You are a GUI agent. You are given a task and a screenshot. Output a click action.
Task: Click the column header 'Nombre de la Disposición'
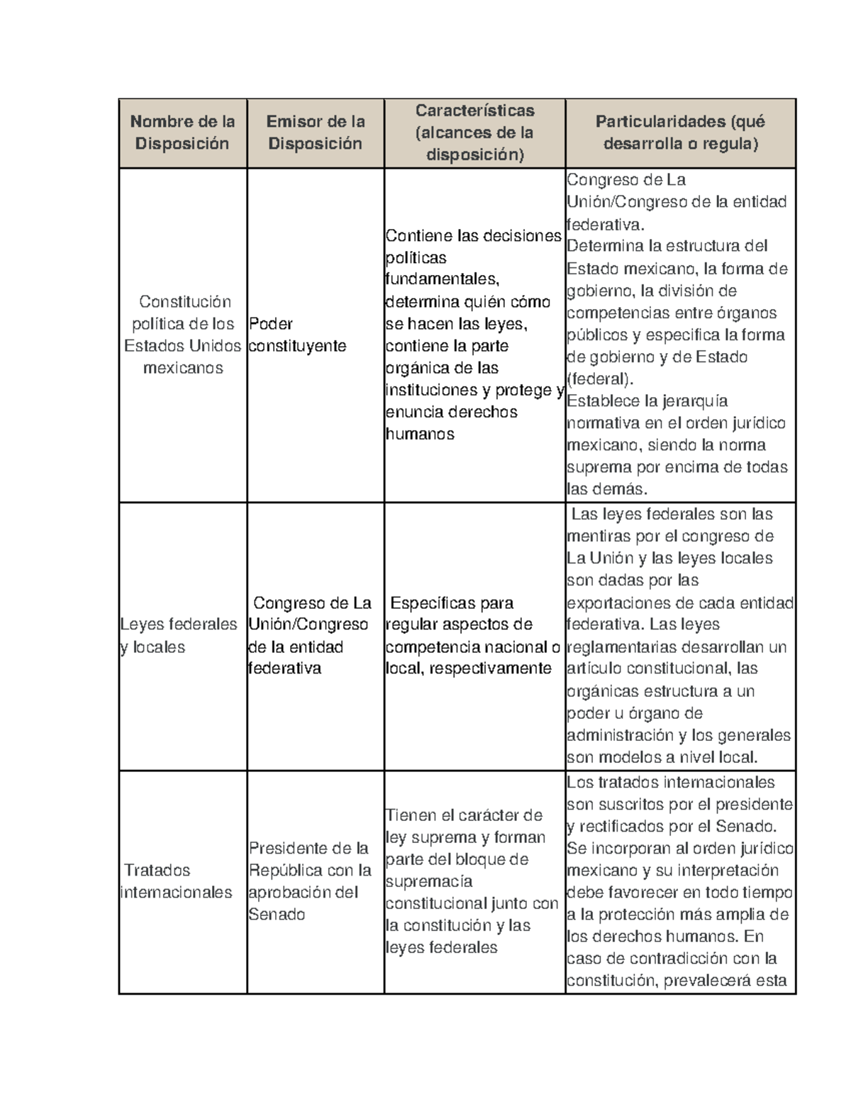tap(182, 133)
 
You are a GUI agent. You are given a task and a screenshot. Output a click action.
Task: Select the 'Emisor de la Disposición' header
tap(315, 133)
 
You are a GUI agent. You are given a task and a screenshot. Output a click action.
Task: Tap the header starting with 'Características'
tap(474, 133)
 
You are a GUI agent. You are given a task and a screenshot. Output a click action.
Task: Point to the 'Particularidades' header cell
tap(680, 133)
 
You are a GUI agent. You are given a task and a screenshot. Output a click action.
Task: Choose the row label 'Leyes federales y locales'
tap(179, 635)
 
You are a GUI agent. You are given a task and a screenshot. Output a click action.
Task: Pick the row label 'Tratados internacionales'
tap(177, 881)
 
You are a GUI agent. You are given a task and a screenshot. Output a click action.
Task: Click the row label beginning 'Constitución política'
tap(183, 335)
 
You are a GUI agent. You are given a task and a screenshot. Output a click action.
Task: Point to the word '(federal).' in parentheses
tap(599, 379)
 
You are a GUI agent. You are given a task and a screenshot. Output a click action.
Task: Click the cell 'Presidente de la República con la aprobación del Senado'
tap(310, 881)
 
